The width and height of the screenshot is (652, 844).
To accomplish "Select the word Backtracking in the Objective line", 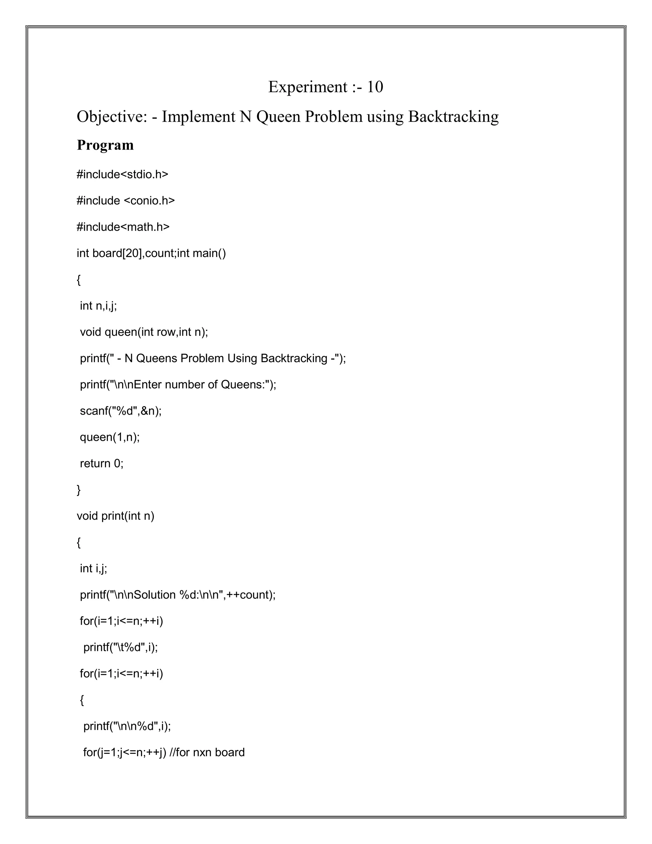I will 453,117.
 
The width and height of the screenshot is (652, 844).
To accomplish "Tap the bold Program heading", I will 105,145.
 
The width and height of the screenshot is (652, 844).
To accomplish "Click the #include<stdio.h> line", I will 123,174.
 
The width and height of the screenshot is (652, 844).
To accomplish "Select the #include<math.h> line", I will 123,227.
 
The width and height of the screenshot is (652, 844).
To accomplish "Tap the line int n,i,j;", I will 98,306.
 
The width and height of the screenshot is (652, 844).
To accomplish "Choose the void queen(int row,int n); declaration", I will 144,332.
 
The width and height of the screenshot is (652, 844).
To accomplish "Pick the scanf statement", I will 121,411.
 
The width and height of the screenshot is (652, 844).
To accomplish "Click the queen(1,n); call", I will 110,437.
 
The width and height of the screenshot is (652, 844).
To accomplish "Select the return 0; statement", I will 102,463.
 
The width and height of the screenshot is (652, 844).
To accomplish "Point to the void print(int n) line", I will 116,516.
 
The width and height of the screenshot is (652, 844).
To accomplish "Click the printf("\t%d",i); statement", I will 121,647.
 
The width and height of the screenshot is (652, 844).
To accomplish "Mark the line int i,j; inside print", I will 94,569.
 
